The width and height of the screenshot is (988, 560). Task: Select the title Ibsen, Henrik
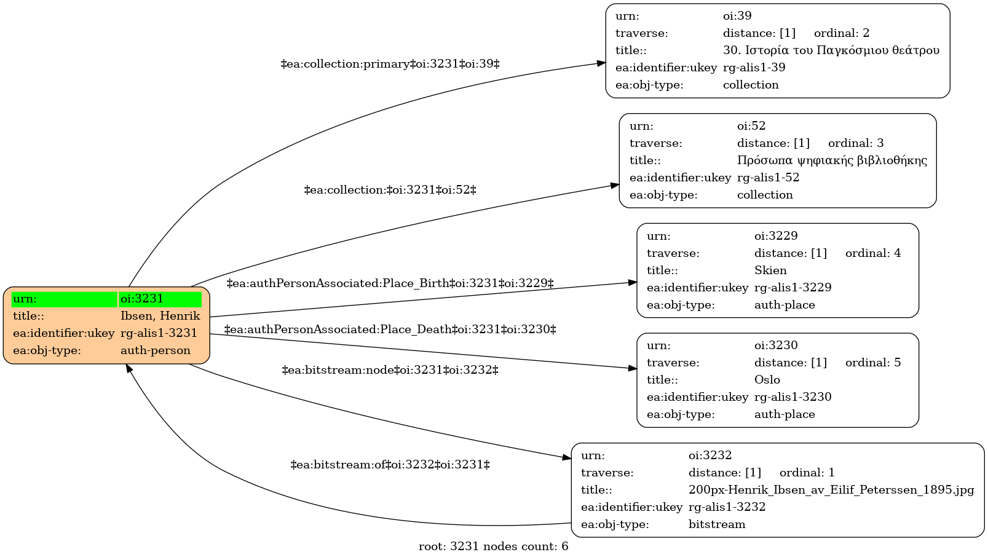pyautogui.click(x=160, y=316)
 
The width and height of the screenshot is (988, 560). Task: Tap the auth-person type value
pyautogui.click(x=156, y=350)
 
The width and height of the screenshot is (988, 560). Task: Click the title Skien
pyautogui.click(x=770, y=270)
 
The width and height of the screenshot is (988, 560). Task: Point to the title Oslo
pyautogui.click(x=767, y=380)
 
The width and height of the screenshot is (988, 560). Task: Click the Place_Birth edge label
pyautogui.click(x=390, y=283)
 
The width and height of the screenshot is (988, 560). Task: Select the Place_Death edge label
pyautogui.click(x=390, y=329)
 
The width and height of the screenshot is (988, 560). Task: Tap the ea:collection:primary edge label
pyautogui.click(x=390, y=65)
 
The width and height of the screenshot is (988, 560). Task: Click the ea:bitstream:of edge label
pyautogui.click(x=390, y=465)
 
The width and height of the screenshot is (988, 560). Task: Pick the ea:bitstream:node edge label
pyautogui.click(x=390, y=370)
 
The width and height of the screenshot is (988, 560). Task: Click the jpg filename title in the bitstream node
pyautogui.click(x=831, y=490)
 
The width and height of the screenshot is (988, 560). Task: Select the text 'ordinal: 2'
pyautogui.click(x=842, y=33)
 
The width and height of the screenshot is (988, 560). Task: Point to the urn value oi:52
pyautogui.click(x=751, y=126)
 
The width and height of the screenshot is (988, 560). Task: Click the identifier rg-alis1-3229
pyautogui.click(x=792, y=288)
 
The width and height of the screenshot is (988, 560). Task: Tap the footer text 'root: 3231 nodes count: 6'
pyautogui.click(x=493, y=546)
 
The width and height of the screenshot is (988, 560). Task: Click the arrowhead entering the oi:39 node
pyautogui.click(x=601, y=63)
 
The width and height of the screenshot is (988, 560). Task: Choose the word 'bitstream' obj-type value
pyautogui.click(x=717, y=524)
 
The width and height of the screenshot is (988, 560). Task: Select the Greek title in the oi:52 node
pyautogui.click(x=832, y=160)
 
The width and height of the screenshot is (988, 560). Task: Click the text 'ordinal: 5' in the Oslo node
pyautogui.click(x=873, y=363)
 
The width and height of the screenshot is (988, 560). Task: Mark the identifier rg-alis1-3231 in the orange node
pyautogui.click(x=159, y=333)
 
